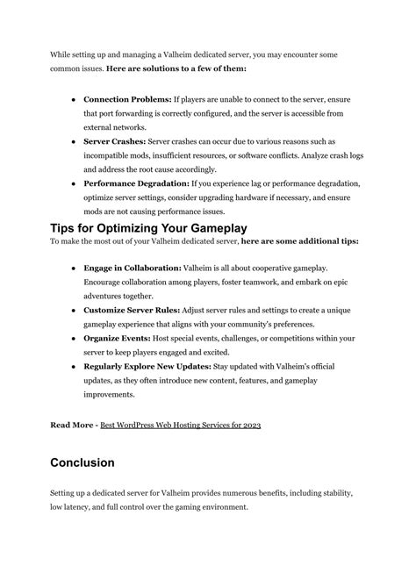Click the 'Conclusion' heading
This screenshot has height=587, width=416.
pos(95,462)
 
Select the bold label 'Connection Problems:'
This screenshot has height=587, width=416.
pos(128,99)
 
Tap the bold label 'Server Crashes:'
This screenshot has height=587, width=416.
pos(114,140)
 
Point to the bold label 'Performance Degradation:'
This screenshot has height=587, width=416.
pos(136,183)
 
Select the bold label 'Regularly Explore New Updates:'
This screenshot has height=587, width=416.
pos(147,366)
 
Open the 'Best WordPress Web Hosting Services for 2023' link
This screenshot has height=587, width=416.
pos(181,425)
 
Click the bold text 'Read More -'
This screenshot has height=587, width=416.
pos(73,425)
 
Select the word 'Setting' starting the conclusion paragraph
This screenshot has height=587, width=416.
pos(65,493)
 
